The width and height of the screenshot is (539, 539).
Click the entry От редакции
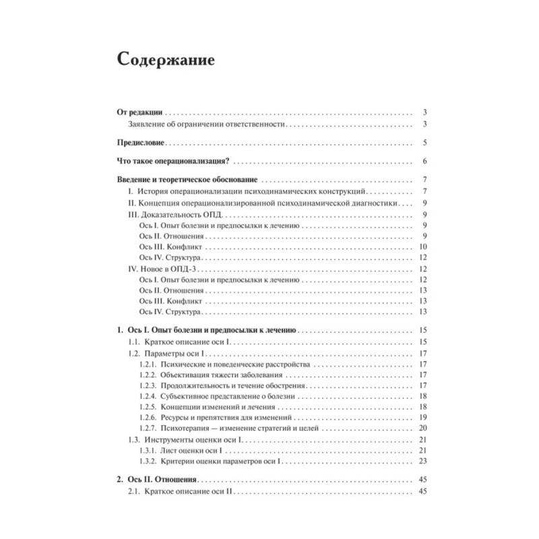point(135,113)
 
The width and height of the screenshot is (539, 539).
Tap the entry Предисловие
point(137,143)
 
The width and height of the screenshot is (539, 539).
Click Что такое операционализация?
point(169,161)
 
